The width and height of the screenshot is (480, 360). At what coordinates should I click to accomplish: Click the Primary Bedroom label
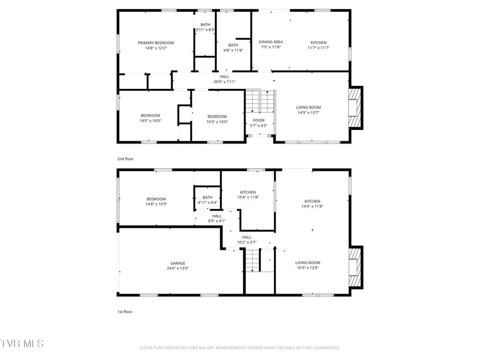coord(156,43)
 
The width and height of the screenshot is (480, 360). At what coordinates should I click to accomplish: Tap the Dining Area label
coord(271,42)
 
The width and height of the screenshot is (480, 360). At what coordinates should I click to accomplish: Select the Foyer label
coord(259,120)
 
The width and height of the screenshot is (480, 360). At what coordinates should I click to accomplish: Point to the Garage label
coord(178,263)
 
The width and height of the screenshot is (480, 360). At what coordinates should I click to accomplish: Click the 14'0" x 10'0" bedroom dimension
coord(150,121)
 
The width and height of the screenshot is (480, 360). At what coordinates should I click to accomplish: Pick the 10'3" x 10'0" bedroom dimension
coord(217,122)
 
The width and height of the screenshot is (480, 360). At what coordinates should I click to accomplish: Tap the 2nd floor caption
coord(125,159)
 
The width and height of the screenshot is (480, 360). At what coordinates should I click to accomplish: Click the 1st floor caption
coord(125,312)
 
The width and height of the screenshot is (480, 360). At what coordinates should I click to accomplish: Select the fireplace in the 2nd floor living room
coord(355,108)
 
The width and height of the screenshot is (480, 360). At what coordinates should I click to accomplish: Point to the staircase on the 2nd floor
coord(260,101)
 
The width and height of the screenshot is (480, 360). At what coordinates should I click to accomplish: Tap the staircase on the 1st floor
coord(253,260)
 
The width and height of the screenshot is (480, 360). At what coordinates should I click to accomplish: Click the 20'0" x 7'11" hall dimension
coord(225,82)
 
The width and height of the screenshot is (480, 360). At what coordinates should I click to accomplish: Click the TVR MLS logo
coord(22,344)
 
